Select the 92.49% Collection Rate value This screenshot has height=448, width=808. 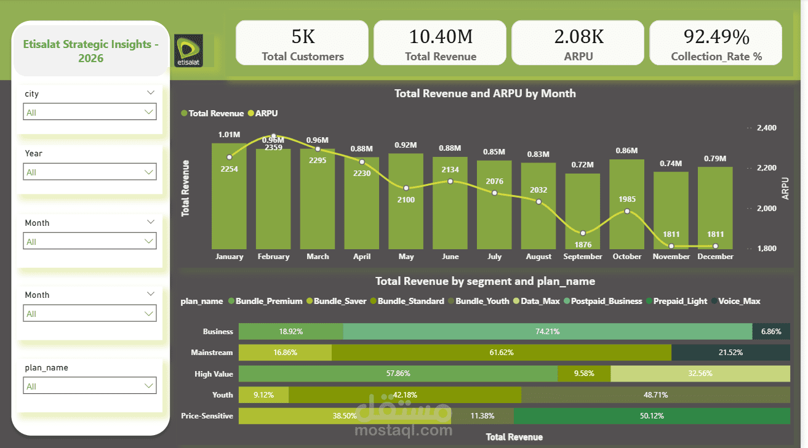coord(716,37)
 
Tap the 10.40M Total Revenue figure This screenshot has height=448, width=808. coord(441,37)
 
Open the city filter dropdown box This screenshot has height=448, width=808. coord(90,112)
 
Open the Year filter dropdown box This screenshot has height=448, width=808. coord(90,172)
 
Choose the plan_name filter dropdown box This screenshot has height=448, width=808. coord(90,386)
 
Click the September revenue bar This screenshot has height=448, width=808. coord(583,209)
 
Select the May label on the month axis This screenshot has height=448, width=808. coord(406,257)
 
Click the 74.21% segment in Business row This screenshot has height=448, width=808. coord(547,331)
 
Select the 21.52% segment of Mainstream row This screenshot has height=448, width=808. coord(730,353)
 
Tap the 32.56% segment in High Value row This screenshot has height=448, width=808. coord(700,374)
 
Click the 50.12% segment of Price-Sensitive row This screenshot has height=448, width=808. coord(652,416)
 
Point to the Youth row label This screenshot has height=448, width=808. coord(222,395)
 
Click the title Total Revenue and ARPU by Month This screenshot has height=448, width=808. coord(484,94)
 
